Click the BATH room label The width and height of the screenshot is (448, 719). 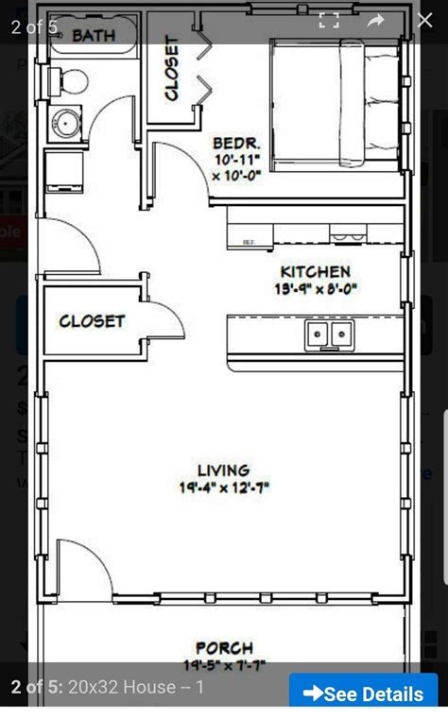click(94, 36)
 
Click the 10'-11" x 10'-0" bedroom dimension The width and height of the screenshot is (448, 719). click(235, 167)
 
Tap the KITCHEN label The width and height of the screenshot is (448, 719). click(316, 272)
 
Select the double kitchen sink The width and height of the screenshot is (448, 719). click(328, 334)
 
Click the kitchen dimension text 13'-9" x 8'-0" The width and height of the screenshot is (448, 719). click(316, 289)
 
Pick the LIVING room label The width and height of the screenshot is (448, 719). click(223, 470)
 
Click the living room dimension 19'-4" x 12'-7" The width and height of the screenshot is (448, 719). click(223, 488)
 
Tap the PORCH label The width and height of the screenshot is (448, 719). click(224, 648)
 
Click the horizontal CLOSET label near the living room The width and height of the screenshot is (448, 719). click(92, 321)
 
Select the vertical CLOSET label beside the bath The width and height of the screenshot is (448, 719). click(171, 68)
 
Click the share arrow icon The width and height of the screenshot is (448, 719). click(375, 20)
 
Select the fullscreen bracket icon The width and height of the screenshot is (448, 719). click(328, 21)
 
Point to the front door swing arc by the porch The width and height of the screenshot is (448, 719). click(85, 567)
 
